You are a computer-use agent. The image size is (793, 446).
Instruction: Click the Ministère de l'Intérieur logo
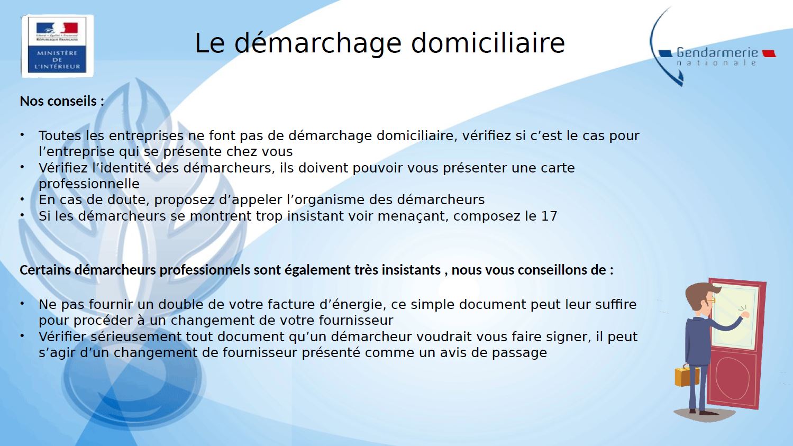[57, 46]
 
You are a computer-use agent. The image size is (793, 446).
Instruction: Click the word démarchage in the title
[317, 43]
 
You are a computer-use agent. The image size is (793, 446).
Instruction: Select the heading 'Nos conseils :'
[62, 101]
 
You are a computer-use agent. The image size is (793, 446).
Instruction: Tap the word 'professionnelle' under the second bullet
[89, 184]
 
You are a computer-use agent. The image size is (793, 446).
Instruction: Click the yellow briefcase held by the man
[687, 376]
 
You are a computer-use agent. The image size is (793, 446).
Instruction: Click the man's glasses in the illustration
[711, 300]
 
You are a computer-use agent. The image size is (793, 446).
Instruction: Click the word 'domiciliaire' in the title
[488, 43]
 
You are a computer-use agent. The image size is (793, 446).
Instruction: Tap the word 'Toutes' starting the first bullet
[60, 135]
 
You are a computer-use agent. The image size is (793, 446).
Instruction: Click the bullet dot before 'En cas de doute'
[22, 199]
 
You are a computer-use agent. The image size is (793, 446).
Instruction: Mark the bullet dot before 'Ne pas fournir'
[22, 303]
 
